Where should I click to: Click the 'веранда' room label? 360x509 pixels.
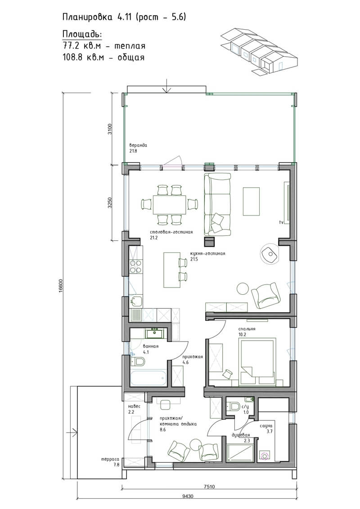coord(138,145)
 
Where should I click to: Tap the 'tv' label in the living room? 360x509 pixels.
coord(281,222)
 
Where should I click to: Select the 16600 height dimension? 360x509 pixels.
coord(61,286)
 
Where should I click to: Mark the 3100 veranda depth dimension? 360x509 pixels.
coord(110,129)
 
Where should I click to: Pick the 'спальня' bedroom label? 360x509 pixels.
coord(247,329)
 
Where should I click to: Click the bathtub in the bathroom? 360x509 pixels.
coord(148,378)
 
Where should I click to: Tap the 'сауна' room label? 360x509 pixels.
coord(266,426)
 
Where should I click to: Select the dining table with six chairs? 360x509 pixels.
coord(170,205)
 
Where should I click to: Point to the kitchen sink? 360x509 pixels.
coord(136,302)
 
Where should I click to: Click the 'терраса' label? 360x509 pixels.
coord(110,459)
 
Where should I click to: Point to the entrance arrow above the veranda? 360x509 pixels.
coord(166,86)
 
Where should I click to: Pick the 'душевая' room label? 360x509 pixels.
coord(241,435)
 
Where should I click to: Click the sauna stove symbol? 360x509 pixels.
coord(265,455)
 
